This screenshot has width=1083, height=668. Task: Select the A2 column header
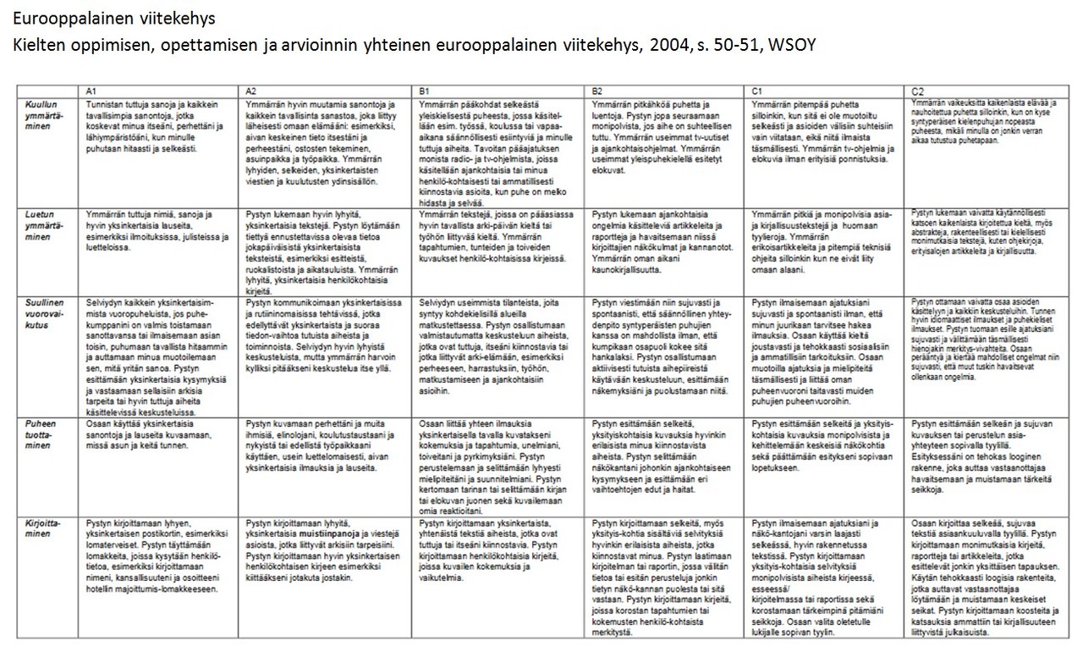[x=250, y=90]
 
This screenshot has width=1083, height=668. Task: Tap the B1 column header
[x=425, y=90]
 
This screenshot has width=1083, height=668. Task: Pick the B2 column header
[x=598, y=90]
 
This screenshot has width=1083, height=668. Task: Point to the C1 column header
[x=757, y=90]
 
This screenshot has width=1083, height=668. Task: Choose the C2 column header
[x=917, y=90]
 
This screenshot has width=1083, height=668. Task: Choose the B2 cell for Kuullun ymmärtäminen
[x=666, y=135]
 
